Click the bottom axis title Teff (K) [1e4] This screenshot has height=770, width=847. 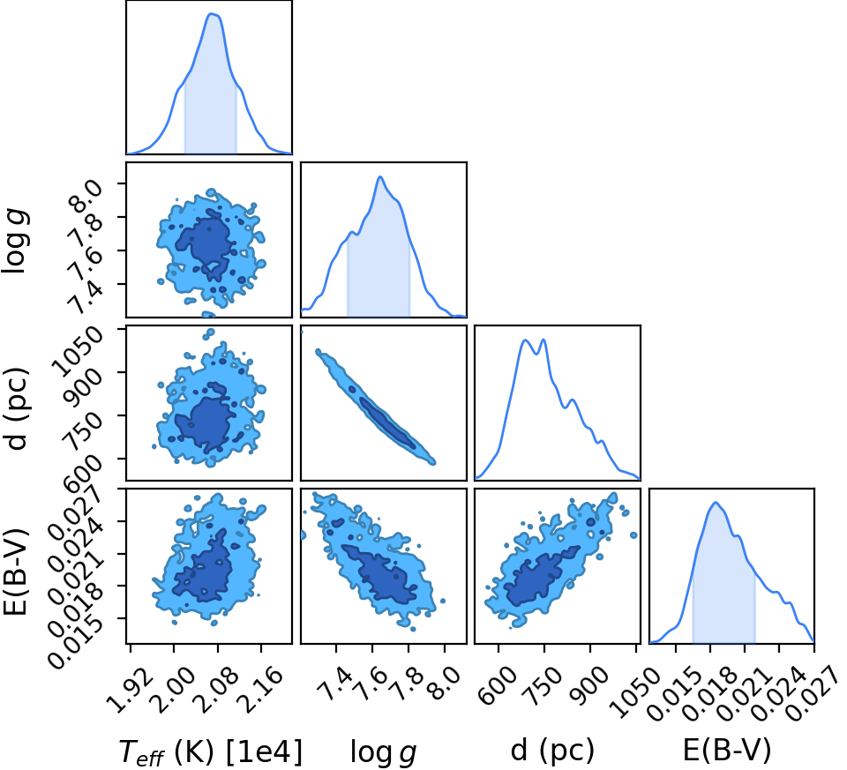(x=210, y=751)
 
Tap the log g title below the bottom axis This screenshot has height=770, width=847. (x=384, y=751)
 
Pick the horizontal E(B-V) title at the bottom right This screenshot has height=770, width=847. (x=727, y=750)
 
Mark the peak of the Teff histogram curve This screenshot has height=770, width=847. (x=212, y=14)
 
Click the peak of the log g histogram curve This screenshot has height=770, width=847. (x=380, y=176)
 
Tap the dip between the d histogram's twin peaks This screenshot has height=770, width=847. (x=536, y=355)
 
